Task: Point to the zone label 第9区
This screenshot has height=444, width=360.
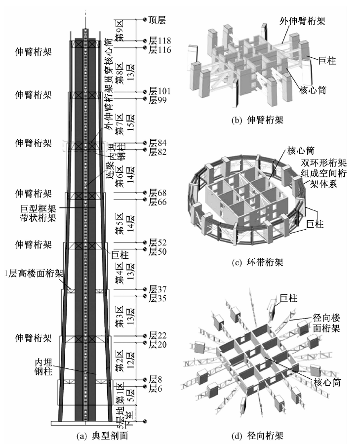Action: click(x=120, y=30)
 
